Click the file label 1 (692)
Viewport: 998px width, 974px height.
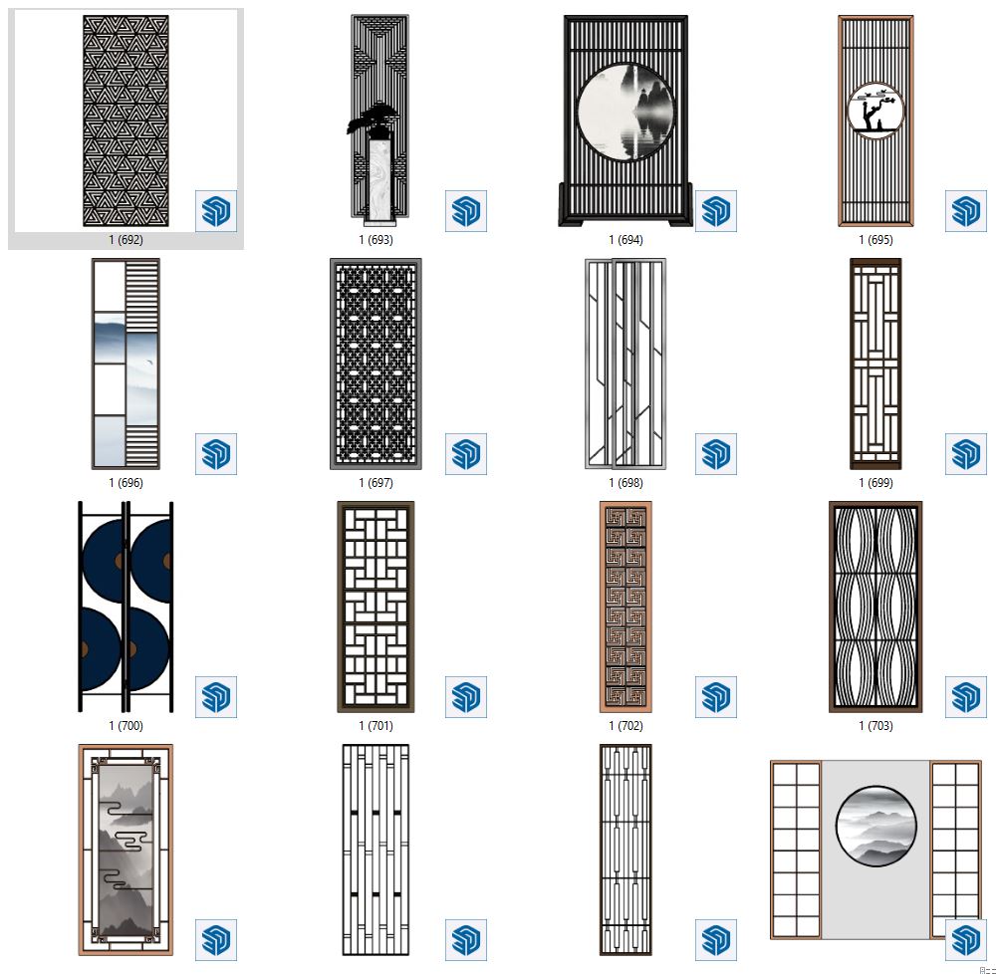pos(125,240)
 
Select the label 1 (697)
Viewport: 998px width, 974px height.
pos(375,483)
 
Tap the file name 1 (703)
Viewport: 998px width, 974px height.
pos(875,726)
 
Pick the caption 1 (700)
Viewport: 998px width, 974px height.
pos(125,726)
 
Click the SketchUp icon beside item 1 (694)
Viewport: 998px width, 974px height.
pos(716,211)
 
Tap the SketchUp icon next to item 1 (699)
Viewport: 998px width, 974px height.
pos(965,454)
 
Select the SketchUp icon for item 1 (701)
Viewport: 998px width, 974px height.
pos(466,697)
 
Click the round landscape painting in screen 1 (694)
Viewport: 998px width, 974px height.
pos(625,113)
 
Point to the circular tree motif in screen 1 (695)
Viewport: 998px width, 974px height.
pos(875,112)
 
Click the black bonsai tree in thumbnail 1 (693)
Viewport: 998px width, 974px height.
pos(374,120)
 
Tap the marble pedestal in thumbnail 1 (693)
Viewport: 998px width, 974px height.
pos(381,181)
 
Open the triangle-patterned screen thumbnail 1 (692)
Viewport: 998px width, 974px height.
pos(126,121)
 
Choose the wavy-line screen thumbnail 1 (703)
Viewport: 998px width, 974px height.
pos(875,607)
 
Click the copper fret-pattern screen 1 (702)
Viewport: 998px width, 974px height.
pos(625,607)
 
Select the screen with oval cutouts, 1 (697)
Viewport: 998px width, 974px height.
pos(375,364)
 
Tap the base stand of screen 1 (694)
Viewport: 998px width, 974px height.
pos(625,205)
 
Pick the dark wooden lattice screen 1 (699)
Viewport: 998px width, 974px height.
pos(875,364)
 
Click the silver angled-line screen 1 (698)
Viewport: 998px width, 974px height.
pos(625,364)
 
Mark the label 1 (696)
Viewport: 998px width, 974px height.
pos(125,483)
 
